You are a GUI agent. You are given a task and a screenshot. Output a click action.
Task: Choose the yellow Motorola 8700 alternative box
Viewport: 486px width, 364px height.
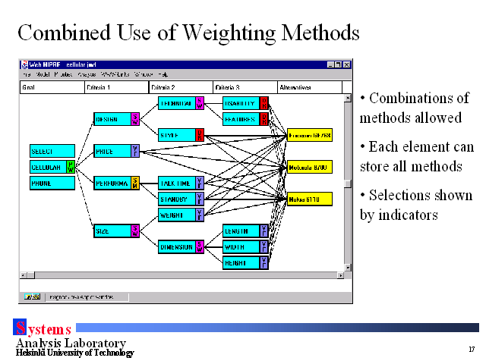(x=310, y=167)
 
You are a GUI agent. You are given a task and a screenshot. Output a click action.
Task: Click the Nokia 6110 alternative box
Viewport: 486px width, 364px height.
(x=310, y=199)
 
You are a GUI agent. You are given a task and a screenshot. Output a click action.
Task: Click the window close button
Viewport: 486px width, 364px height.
(x=348, y=64)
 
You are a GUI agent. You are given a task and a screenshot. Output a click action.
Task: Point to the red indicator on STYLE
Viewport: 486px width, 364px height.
(x=200, y=135)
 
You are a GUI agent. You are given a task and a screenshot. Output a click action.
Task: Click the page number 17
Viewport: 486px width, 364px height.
(x=472, y=350)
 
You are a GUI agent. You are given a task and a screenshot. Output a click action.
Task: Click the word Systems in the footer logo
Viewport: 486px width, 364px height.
(x=43, y=329)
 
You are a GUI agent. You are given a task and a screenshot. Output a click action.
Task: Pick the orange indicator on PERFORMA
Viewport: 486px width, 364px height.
(x=135, y=183)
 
